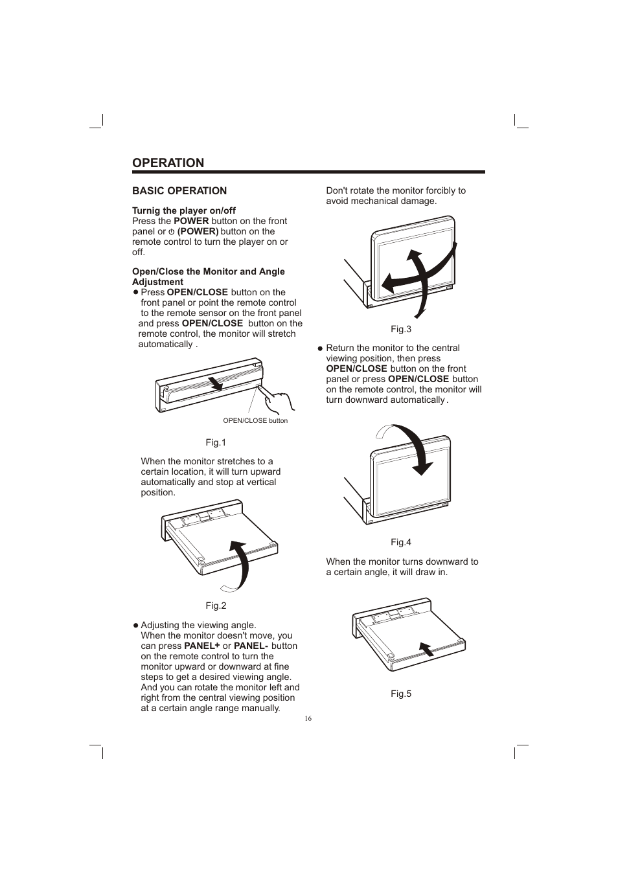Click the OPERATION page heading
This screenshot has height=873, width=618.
point(168,163)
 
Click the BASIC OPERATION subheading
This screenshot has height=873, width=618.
point(179,191)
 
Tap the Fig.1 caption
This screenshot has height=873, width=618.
point(216,443)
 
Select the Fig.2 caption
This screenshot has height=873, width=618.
point(216,606)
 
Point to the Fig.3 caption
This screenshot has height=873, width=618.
point(400,330)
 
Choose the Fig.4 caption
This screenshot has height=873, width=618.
point(400,543)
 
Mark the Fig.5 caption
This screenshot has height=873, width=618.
point(400,694)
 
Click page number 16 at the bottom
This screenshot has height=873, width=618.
point(308,719)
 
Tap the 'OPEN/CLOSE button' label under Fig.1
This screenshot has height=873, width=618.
point(255,421)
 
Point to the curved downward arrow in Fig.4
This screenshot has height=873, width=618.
point(408,447)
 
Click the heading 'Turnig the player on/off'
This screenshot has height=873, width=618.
point(184,210)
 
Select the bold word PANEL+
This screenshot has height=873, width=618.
point(202,646)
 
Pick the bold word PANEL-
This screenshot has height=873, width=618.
point(251,646)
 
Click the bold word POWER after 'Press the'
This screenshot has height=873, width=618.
point(191,221)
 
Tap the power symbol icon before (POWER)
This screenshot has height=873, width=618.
point(172,232)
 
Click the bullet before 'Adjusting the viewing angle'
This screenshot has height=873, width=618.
point(136,626)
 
